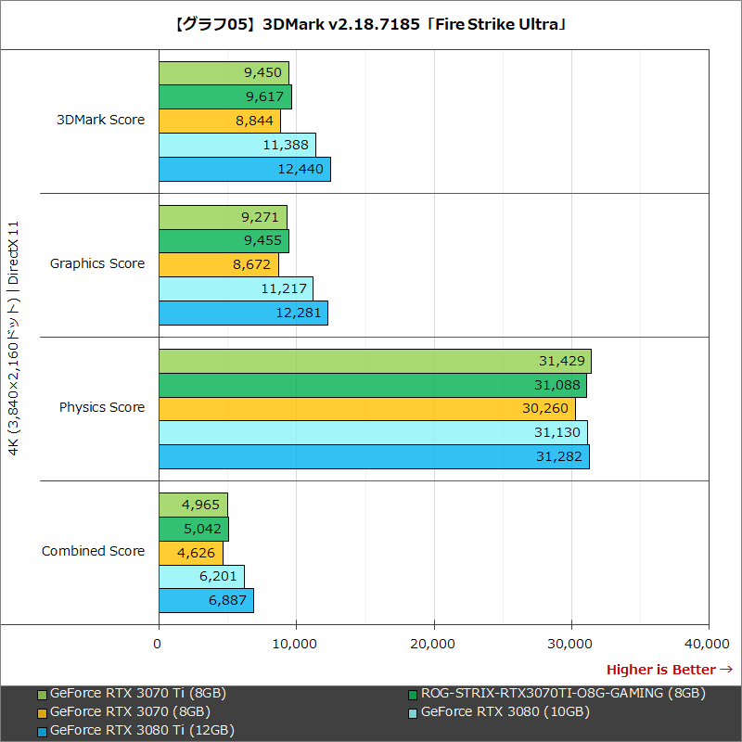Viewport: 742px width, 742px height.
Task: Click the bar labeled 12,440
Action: click(244, 169)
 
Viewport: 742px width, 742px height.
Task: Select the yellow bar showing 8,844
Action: click(219, 121)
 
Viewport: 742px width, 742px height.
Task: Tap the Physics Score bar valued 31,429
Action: click(375, 361)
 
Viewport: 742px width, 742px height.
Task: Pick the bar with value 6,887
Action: click(206, 600)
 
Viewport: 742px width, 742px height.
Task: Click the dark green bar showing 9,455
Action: click(224, 241)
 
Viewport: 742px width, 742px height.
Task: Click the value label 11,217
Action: click(284, 288)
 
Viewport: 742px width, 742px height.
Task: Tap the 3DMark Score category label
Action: click(101, 120)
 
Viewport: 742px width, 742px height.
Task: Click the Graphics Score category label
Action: click(97, 263)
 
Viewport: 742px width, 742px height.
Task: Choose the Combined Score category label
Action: click(93, 551)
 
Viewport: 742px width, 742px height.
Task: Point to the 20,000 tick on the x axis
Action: click(434, 643)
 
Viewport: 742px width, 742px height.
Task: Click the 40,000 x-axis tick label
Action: click(709, 643)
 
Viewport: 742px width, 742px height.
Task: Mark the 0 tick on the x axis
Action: click(159, 643)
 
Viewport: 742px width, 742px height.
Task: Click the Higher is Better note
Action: click(669, 670)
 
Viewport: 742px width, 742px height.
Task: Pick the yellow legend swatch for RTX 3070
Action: click(42, 712)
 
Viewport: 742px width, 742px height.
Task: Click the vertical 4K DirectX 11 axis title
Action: click(13, 339)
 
